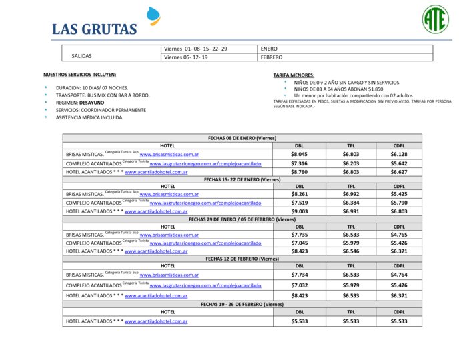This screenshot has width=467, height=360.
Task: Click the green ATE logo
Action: [435, 19]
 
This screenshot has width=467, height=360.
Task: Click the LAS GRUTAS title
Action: [94, 29]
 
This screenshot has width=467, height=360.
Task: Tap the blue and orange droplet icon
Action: [154, 17]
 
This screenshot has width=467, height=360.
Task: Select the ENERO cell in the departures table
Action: [269, 49]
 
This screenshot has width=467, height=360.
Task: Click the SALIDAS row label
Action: [81, 56]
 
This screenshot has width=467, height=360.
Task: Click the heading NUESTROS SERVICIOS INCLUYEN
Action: [79, 75]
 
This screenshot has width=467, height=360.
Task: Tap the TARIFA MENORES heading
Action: [294, 75]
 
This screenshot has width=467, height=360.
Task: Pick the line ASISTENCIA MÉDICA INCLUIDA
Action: [89, 117]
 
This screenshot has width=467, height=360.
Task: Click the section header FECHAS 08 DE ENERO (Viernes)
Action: [242, 137]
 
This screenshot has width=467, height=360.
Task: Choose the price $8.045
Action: [299, 154]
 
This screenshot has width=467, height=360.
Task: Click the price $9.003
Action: [299, 211]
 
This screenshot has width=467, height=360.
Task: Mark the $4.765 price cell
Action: [399, 235]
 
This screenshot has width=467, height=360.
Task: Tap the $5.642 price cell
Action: [399, 163]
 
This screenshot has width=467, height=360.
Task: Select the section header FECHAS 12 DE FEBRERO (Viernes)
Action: [242, 258]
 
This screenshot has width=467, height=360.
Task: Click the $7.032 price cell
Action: [299, 285]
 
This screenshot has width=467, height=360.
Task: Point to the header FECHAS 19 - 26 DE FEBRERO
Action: [242, 304]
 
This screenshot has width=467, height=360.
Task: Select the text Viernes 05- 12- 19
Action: [186, 57]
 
